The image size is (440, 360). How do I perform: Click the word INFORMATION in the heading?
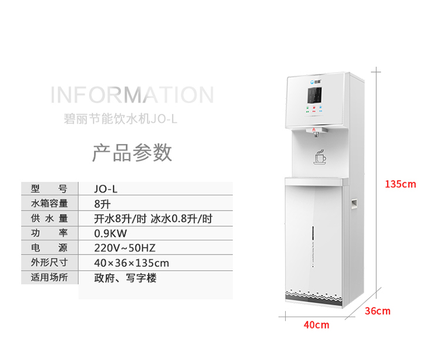click(x=132, y=95)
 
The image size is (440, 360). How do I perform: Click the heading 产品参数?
click(x=132, y=152)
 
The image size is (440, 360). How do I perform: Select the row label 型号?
click(x=49, y=189)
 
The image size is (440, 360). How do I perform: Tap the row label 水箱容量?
click(x=49, y=204)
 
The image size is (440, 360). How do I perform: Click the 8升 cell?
click(x=102, y=205)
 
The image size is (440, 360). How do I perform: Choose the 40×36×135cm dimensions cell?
click(x=131, y=263)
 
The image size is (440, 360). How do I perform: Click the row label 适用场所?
click(x=49, y=277)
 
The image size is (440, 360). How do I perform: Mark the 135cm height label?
click(x=400, y=184)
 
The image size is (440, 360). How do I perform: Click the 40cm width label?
click(x=316, y=325)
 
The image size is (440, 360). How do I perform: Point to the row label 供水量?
click(x=49, y=219)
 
